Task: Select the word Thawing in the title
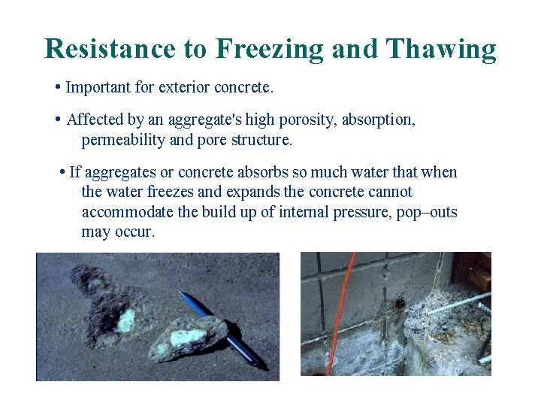(441, 49)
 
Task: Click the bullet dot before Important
(59, 88)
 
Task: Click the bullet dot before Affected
(59, 120)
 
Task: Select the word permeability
(125, 140)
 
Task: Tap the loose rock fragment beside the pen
(188, 338)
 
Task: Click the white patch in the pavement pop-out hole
(127, 323)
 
